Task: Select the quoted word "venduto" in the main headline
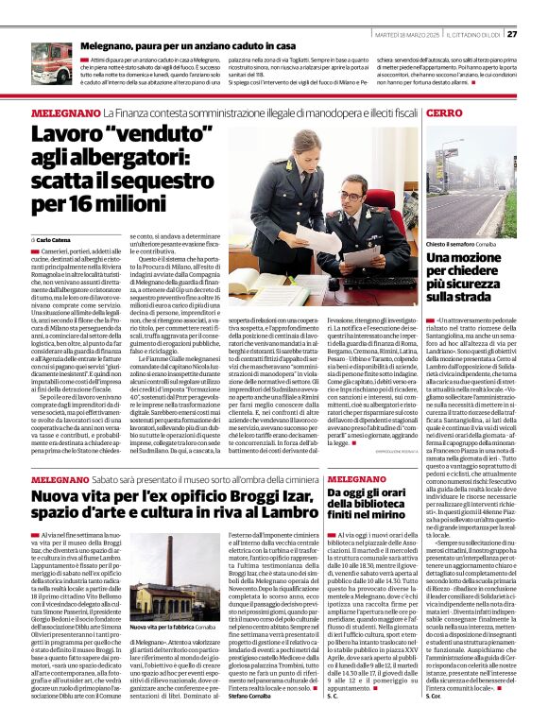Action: (x=142, y=135)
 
